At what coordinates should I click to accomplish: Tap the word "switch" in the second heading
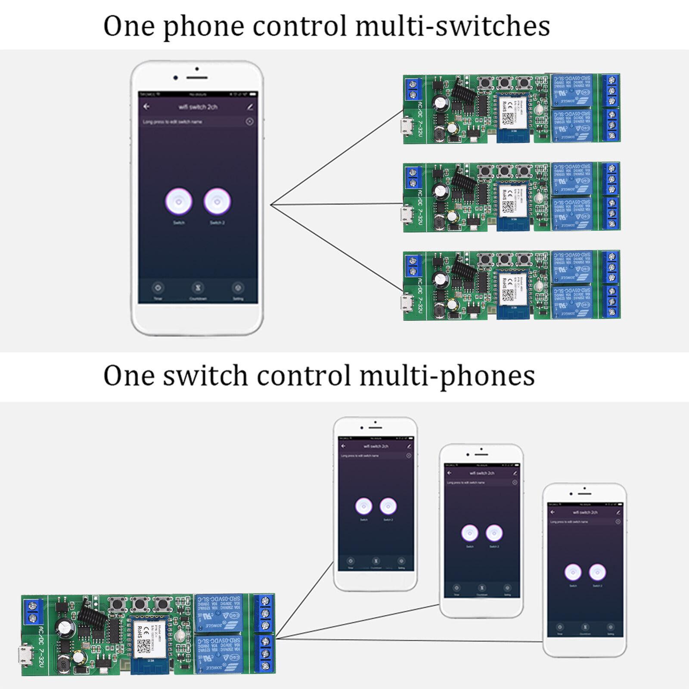(206, 376)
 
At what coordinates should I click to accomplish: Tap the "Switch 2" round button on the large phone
(217, 201)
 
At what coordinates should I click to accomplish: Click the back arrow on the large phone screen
(147, 106)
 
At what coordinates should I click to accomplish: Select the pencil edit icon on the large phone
(250, 106)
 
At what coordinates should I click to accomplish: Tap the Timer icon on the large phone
(158, 288)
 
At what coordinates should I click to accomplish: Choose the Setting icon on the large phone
(238, 288)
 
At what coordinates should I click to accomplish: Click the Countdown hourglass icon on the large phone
(198, 288)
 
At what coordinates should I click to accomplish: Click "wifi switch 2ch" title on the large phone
(198, 107)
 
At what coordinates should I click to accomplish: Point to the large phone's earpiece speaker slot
(197, 78)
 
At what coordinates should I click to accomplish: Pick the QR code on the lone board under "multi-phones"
(143, 646)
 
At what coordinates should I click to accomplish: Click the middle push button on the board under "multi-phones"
(140, 605)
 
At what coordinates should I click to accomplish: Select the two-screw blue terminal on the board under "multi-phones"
(33, 611)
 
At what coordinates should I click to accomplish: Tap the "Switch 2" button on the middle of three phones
(494, 533)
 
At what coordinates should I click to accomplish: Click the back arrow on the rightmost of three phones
(552, 512)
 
